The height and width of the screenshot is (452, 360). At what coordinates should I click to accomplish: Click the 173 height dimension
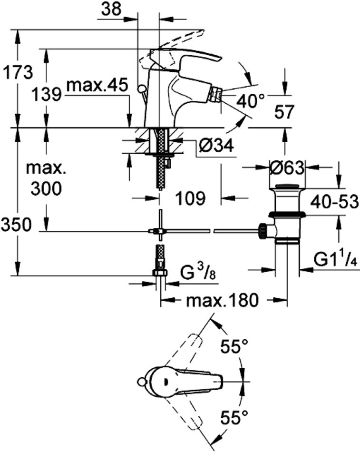pos(18,73)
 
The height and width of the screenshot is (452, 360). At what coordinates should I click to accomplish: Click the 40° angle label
pos(250,101)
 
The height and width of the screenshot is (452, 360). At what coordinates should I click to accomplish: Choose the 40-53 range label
pos(334,202)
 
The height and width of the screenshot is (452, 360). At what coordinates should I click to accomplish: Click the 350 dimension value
pos(16,225)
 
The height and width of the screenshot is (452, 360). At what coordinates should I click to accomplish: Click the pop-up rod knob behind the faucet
pos(141,88)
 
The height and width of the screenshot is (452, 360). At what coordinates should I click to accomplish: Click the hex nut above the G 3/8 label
pos(160,272)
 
